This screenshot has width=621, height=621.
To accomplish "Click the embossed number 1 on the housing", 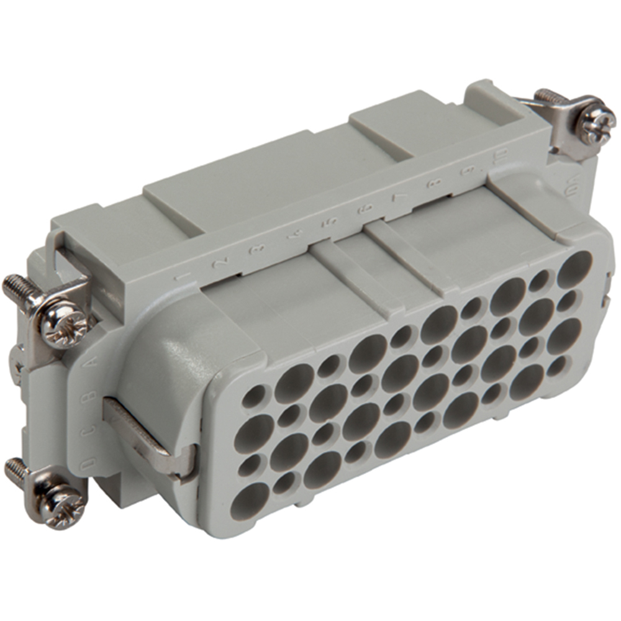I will coord(181,278).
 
